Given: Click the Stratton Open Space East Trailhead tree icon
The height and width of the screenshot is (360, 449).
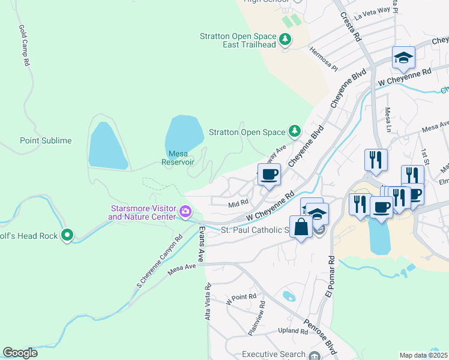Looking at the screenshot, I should [x=286, y=40].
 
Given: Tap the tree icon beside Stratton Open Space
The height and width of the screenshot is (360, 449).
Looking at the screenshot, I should [x=294, y=130].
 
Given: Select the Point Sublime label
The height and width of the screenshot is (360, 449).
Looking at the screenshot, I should [x=46, y=140].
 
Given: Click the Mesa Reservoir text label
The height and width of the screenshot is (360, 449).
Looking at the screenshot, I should [x=178, y=158].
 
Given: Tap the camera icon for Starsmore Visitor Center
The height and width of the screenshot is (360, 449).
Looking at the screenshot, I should [x=185, y=212].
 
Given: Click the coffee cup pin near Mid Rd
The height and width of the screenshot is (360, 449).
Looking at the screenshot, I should [x=270, y=175].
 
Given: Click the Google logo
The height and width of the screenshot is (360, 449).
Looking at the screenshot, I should [x=20, y=353].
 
